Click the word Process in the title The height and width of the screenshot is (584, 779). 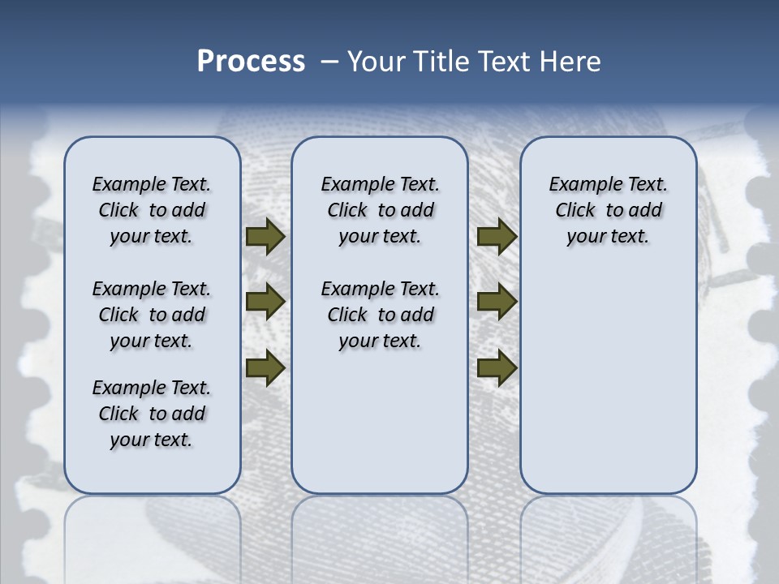pyautogui.click(x=251, y=62)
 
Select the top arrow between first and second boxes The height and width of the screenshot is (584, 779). pyautogui.click(x=265, y=236)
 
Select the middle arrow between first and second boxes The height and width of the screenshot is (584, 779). pyautogui.click(x=265, y=302)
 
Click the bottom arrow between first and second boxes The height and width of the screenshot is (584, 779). pyautogui.click(x=265, y=367)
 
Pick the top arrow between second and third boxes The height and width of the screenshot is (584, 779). pyautogui.click(x=497, y=236)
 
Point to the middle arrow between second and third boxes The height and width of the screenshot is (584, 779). pyautogui.click(x=497, y=302)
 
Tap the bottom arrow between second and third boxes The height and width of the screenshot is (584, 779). pyautogui.click(x=497, y=367)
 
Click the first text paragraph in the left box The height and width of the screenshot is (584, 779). pyautogui.click(x=152, y=210)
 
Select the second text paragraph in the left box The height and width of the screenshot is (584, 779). pyautogui.click(x=152, y=315)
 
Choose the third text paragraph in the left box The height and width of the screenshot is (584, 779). pyautogui.click(x=152, y=414)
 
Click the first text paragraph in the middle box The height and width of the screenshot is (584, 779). pyautogui.click(x=380, y=210)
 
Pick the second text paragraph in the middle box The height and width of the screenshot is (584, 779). pyautogui.click(x=380, y=315)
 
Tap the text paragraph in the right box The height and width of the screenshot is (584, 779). pyautogui.click(x=608, y=210)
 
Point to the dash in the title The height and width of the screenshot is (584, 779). pyautogui.click(x=329, y=62)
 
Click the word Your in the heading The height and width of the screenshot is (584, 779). pyautogui.click(x=377, y=62)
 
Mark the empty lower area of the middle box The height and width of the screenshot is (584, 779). pyautogui.click(x=380, y=422)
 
